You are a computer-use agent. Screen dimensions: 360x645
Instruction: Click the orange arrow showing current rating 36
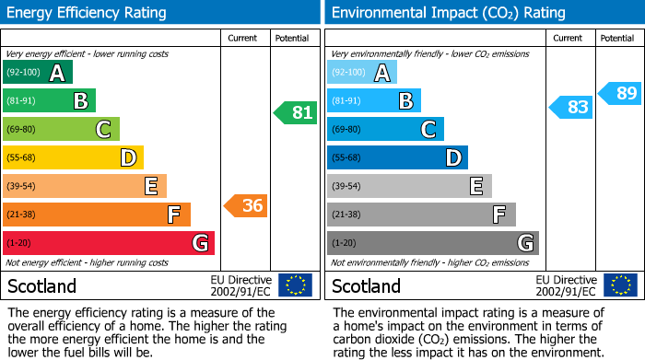pos(247,205)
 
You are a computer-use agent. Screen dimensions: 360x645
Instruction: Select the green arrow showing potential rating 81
pos(296,113)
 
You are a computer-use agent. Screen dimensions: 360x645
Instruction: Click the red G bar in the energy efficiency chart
pos(109,243)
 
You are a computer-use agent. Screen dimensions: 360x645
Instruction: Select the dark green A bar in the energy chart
pos(38,73)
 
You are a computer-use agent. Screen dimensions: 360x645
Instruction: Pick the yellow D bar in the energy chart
pos(73,157)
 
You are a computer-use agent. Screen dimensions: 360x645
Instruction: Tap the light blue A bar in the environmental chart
pos(362,73)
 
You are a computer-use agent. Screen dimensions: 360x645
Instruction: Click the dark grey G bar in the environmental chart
pos(432,243)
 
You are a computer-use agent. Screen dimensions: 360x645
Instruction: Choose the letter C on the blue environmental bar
pos(428,130)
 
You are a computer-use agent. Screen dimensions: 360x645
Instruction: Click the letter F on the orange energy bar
pos(173,215)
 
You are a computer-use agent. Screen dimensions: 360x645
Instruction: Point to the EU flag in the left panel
pos(295,285)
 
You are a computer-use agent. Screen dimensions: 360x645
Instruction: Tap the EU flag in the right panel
pos(622,285)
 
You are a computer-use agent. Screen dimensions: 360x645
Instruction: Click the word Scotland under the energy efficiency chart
pos(41,286)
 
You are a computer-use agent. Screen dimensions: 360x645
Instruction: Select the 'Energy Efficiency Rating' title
pos(88,13)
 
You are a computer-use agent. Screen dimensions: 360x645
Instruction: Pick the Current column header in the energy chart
pos(242,38)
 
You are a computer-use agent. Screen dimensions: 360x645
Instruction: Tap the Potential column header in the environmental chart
pos(616,38)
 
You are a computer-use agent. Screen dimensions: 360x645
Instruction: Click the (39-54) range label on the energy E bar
pos(21,187)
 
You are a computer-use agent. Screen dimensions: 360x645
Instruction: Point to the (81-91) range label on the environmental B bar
pos(347,101)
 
